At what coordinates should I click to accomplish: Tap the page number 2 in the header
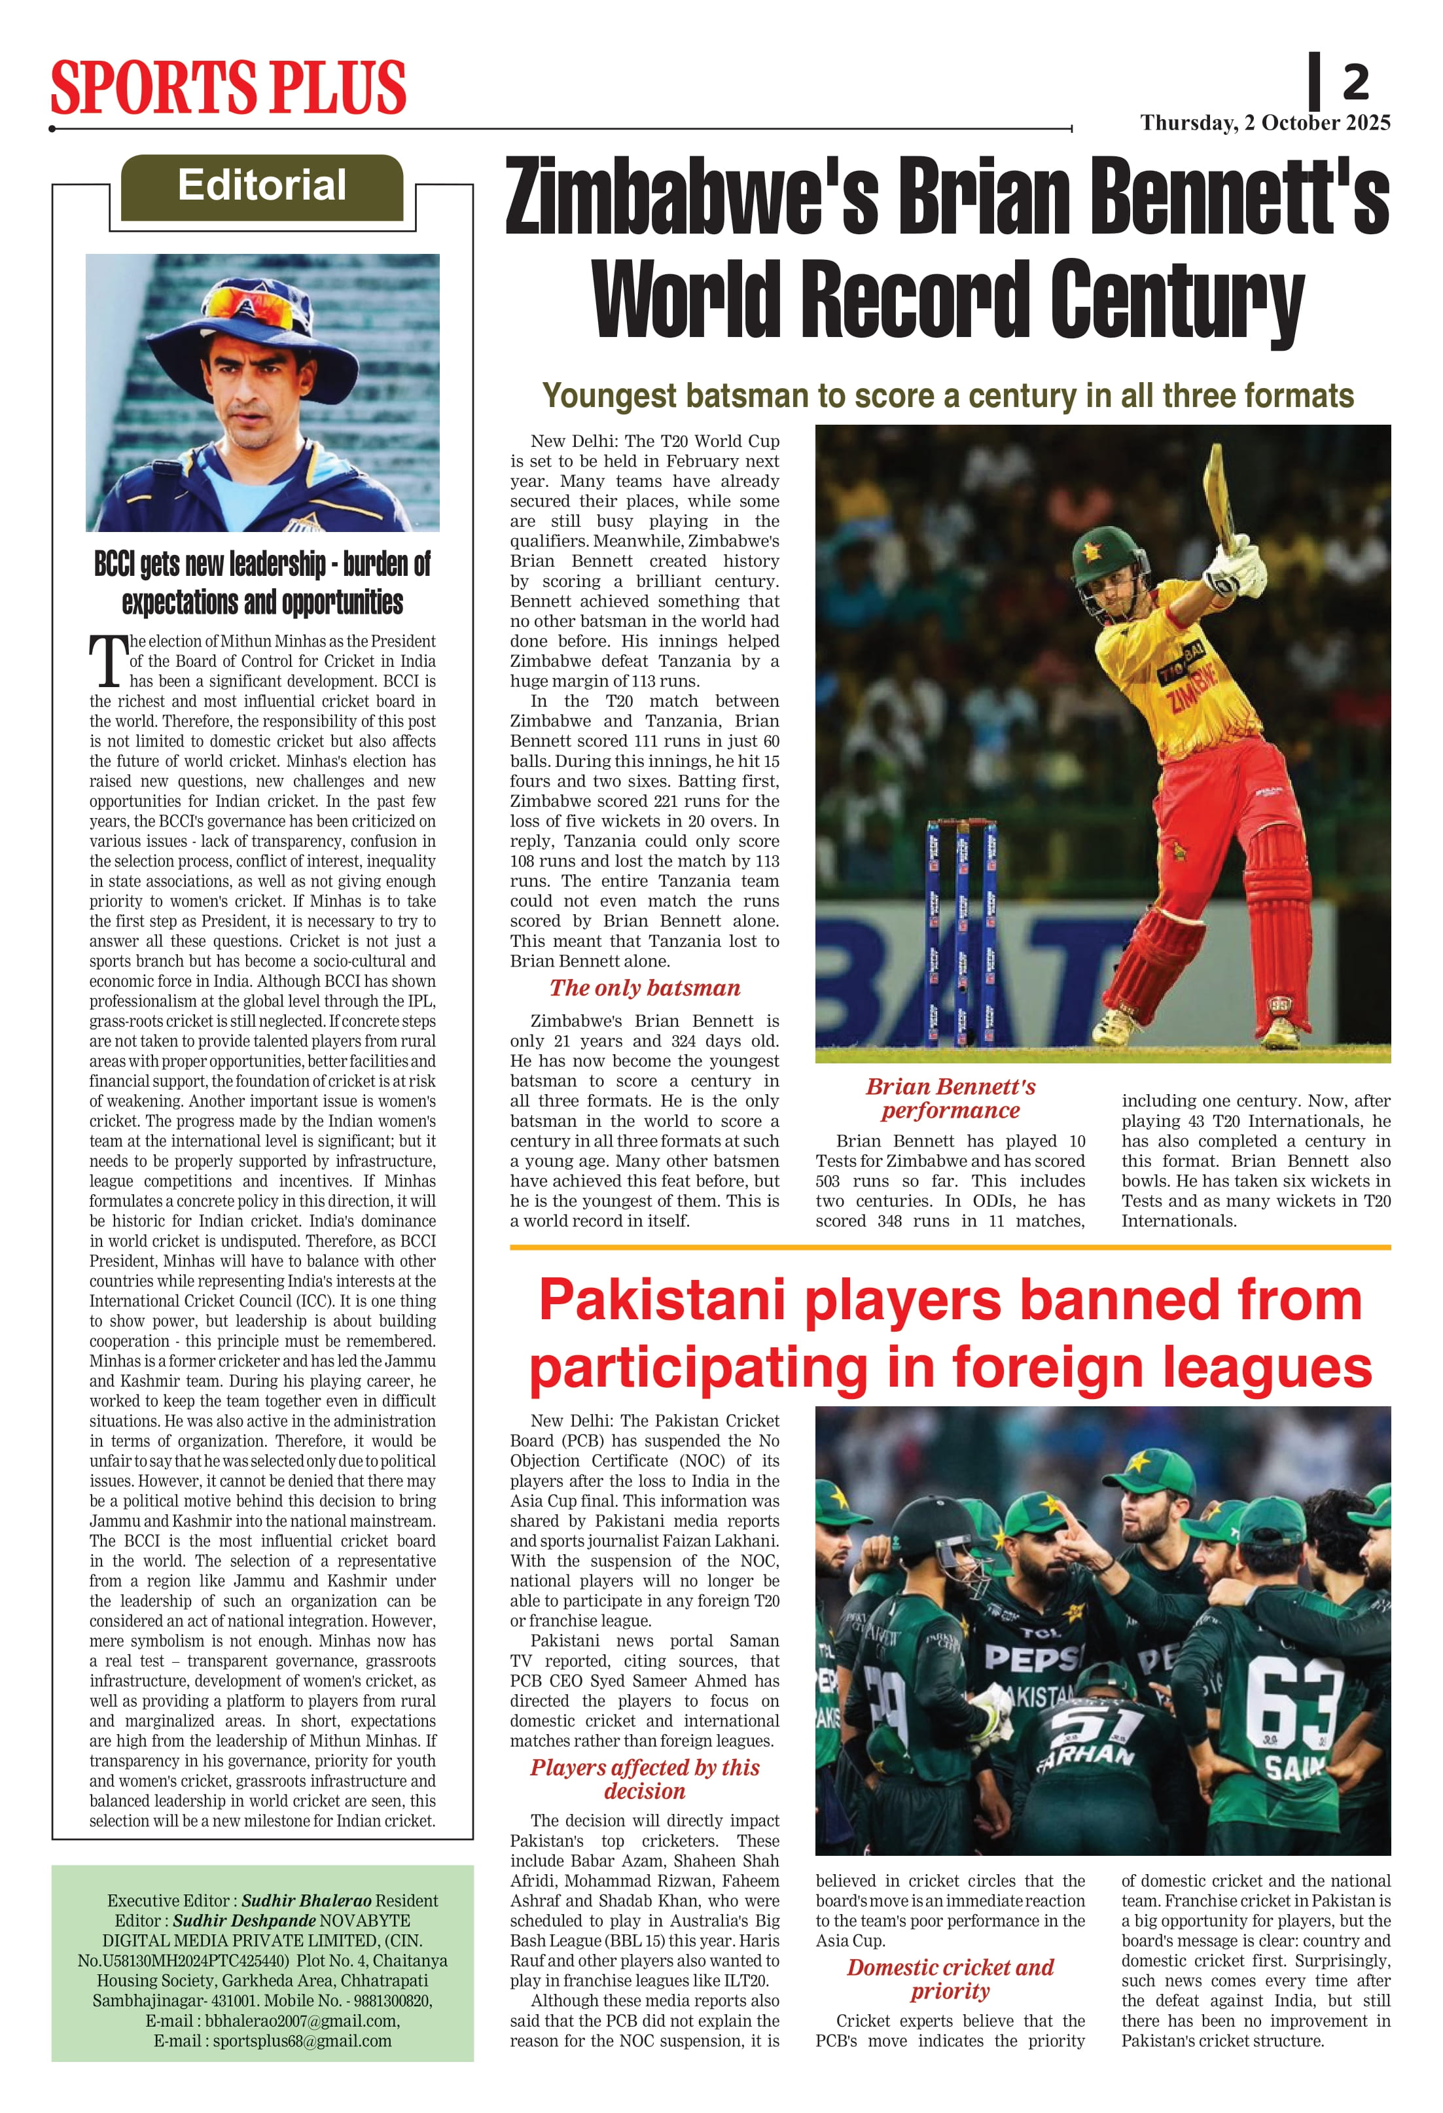[1355, 84]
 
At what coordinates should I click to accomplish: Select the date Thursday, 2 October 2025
[1265, 123]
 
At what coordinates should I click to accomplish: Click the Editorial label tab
[262, 186]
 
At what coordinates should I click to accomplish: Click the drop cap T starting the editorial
[107, 661]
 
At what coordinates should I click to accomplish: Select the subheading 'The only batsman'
[645, 988]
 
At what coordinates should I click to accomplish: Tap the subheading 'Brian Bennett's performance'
[950, 1098]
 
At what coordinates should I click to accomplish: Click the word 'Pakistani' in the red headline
[662, 1300]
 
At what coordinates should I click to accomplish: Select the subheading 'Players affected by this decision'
[645, 1779]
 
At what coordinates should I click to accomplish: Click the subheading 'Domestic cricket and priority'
[950, 1980]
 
